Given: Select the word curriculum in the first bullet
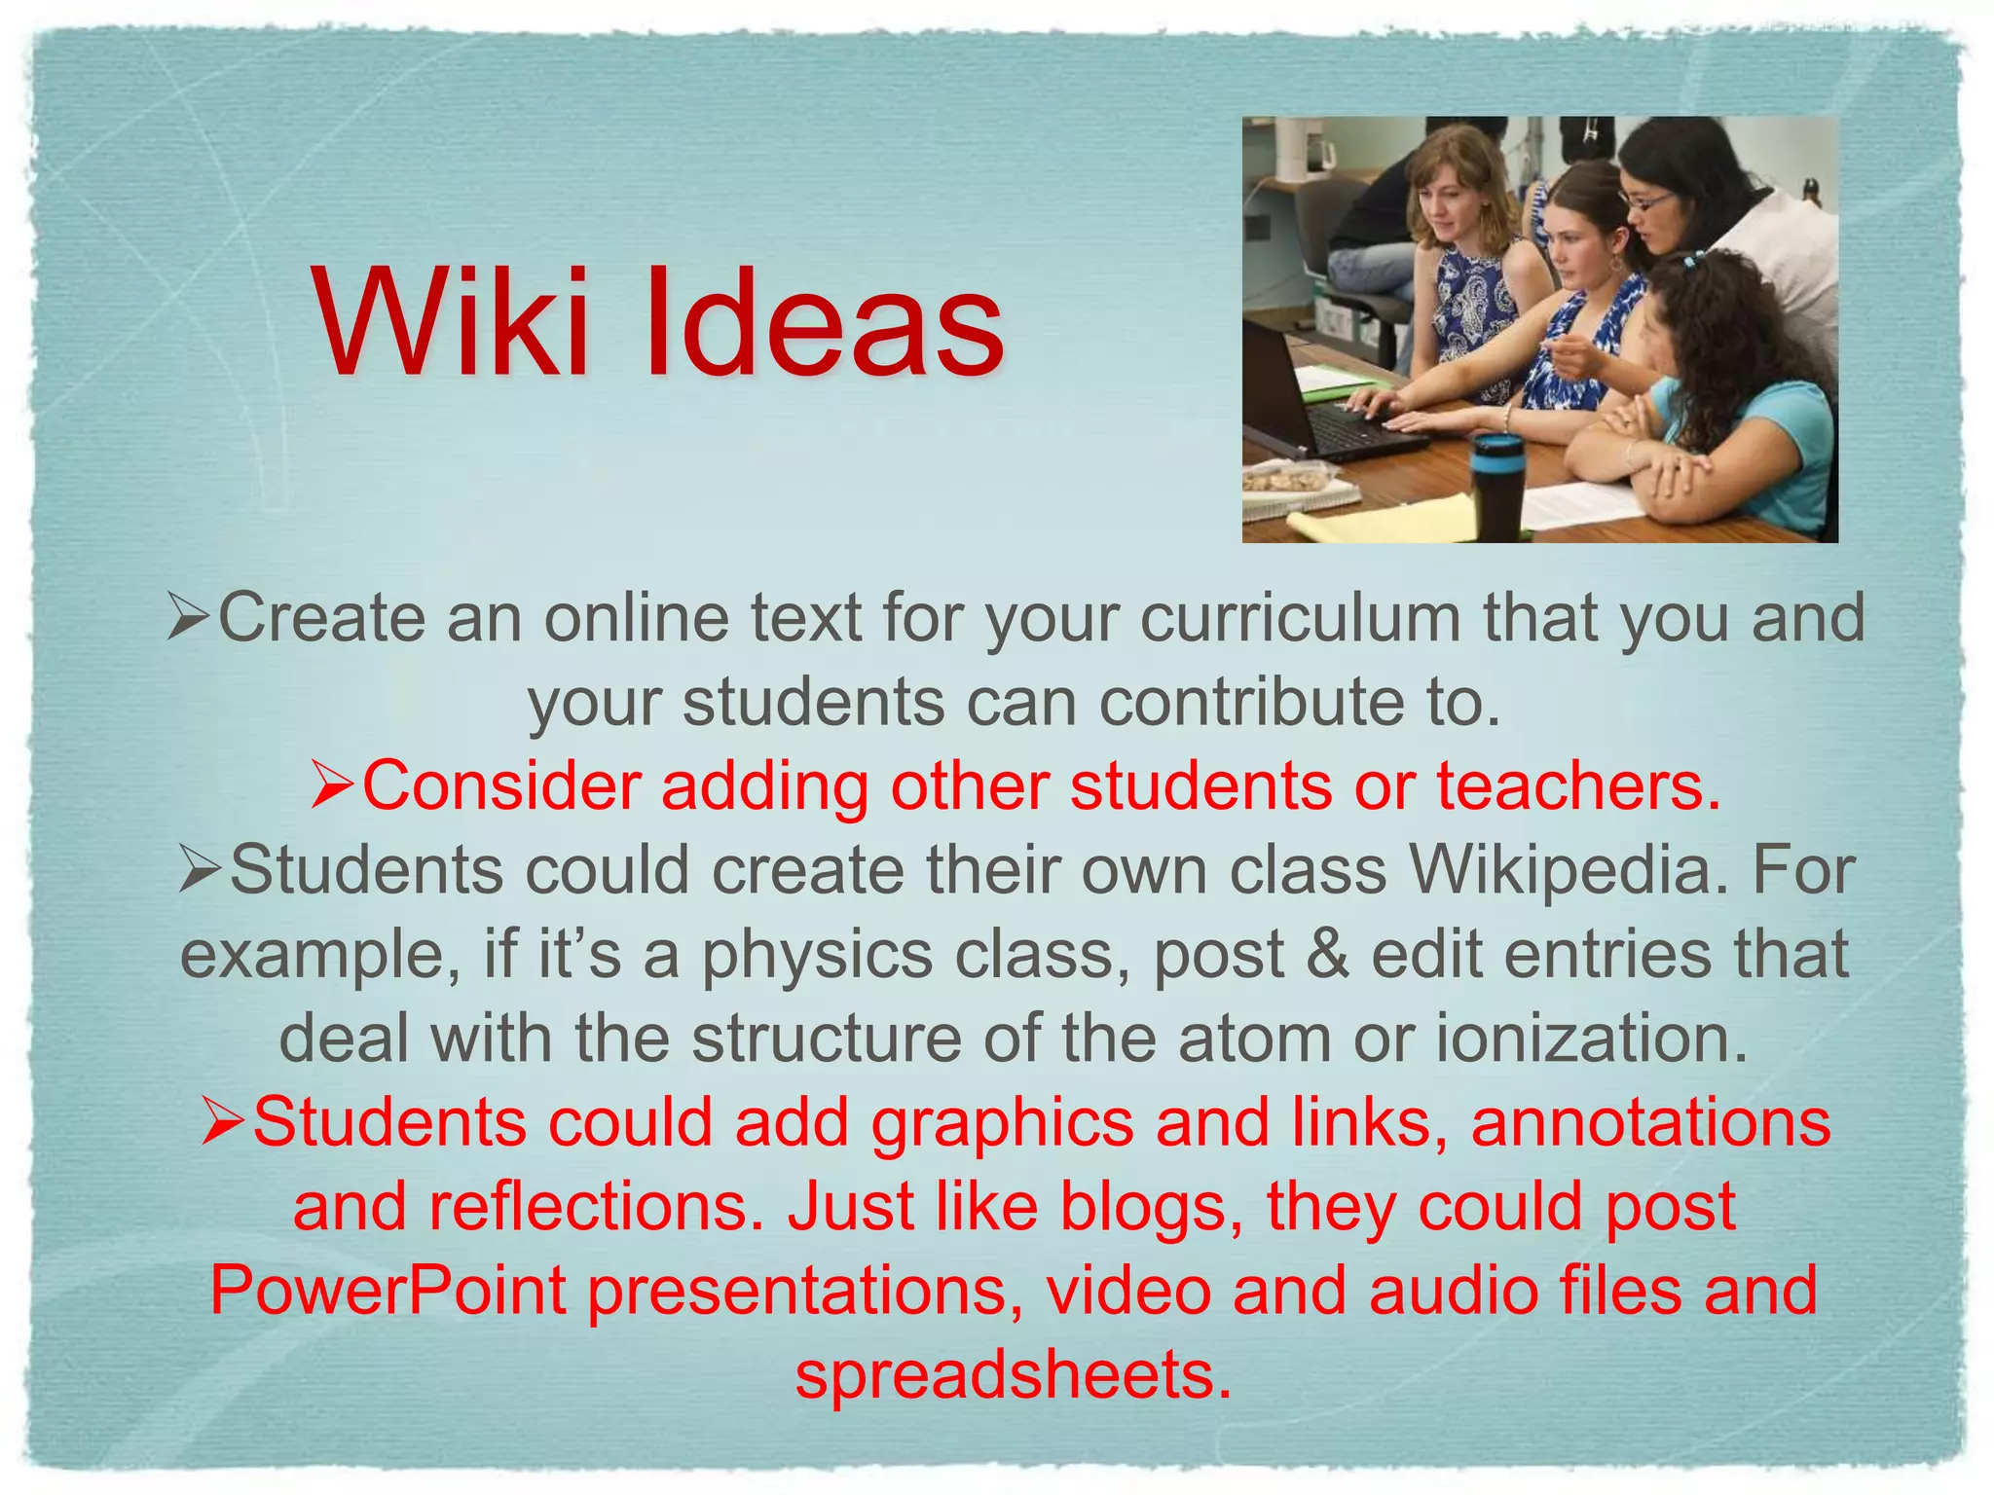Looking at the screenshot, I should tap(1300, 619).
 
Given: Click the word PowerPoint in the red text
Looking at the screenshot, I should tap(388, 1291).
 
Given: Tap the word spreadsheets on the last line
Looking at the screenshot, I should tap(1014, 1374).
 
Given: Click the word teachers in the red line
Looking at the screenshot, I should tap(1577, 785).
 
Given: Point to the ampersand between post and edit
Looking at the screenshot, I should tap(1327, 954).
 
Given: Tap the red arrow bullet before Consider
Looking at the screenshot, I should tap(333, 786).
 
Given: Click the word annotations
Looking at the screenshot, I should tap(1650, 1122).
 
